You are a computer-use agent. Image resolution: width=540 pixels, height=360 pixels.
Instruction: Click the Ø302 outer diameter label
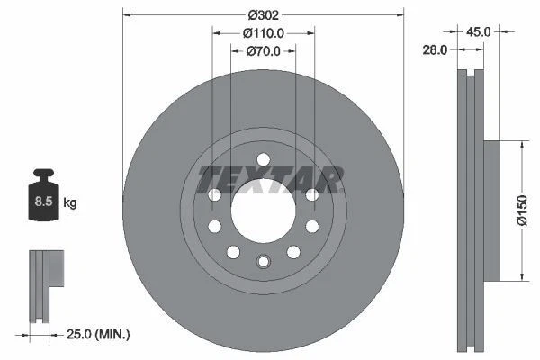[x=263, y=14]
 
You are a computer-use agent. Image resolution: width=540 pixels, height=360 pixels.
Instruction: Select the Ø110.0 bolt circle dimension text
[x=264, y=32]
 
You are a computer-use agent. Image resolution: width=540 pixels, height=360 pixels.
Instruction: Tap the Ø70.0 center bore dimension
[x=264, y=51]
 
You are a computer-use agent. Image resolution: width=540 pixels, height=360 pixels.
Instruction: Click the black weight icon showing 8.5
[x=44, y=197]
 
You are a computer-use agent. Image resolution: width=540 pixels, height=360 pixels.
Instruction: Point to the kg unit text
[x=69, y=203]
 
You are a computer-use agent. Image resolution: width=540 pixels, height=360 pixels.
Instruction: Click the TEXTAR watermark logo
[x=270, y=179]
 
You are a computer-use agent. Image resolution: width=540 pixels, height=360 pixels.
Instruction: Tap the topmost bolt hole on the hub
[x=263, y=160]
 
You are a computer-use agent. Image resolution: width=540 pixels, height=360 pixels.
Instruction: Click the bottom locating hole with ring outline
[x=263, y=262]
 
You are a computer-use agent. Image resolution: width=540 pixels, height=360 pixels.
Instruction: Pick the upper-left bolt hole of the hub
[x=214, y=195]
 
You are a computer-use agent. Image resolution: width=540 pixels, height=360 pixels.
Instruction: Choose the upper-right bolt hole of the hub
[x=311, y=195]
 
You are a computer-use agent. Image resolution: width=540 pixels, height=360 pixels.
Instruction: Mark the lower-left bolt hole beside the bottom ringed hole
[x=233, y=252]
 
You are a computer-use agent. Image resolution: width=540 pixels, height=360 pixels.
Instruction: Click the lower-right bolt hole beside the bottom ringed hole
[x=292, y=252]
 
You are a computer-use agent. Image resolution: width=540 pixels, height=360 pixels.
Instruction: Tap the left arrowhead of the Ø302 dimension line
[x=125, y=15]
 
